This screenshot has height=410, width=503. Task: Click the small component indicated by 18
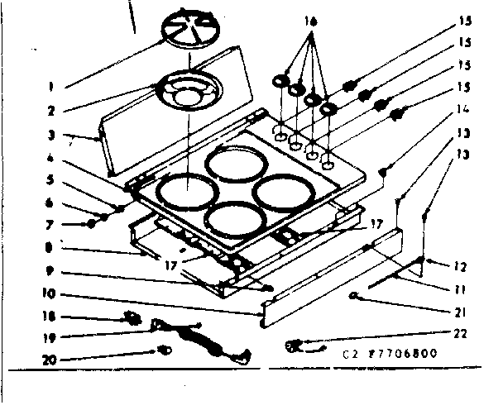coord(131,317)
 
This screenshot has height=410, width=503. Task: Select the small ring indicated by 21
coord(355,294)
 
